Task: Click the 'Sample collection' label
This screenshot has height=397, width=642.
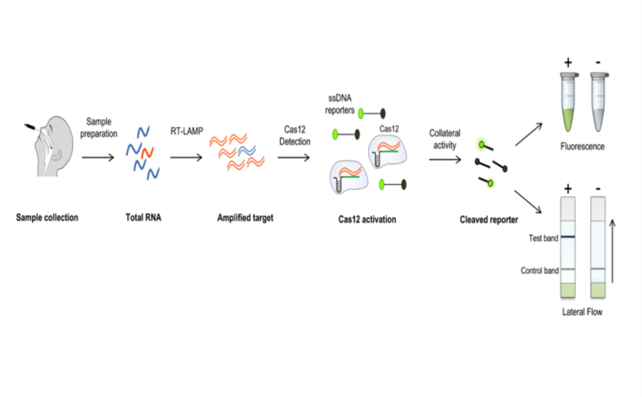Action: pos(47,217)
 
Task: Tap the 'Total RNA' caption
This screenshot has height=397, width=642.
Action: pos(144,217)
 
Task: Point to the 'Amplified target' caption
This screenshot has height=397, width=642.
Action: pos(245,217)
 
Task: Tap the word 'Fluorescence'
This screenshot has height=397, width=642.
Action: pos(582,147)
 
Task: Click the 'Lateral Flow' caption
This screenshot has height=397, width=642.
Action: pos(582,312)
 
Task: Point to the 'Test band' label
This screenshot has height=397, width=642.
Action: pos(543,238)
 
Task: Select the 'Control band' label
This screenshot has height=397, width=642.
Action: pos(539,271)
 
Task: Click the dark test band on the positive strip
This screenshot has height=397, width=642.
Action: pos(568,237)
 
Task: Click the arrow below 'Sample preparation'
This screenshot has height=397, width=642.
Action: pos(98,158)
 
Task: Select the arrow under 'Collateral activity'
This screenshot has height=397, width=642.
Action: pos(445,159)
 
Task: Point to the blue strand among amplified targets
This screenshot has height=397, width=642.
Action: pos(247,150)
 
